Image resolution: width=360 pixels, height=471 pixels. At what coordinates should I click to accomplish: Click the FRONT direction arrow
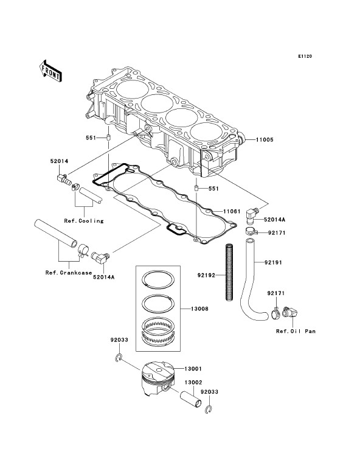click(50, 71)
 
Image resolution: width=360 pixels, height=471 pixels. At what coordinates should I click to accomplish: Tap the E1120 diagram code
click(305, 56)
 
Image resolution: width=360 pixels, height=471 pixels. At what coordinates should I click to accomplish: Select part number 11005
click(265, 140)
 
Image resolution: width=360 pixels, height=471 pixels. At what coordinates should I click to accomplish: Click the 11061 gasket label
click(232, 212)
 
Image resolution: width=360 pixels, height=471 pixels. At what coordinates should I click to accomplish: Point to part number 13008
click(199, 309)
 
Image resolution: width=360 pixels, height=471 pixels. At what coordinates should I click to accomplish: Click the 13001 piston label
click(193, 369)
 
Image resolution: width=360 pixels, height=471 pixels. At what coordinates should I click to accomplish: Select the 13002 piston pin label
click(193, 383)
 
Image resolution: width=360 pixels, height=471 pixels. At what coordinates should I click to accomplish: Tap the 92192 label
click(206, 275)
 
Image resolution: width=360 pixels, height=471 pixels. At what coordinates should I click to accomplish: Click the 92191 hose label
click(273, 262)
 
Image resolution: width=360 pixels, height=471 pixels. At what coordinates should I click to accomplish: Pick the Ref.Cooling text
click(84, 221)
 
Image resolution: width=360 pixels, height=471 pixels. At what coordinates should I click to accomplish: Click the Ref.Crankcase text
click(69, 273)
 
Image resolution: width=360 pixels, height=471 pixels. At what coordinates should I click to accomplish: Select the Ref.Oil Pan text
click(296, 331)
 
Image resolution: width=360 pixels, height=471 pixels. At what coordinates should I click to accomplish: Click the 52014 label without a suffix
click(59, 161)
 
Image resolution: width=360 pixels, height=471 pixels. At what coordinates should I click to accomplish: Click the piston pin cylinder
click(190, 400)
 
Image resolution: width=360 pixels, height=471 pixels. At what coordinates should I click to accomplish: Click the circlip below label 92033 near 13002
click(210, 410)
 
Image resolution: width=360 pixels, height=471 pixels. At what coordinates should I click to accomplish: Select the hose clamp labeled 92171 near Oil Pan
click(276, 313)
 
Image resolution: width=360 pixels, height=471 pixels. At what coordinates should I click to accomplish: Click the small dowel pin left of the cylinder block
click(108, 139)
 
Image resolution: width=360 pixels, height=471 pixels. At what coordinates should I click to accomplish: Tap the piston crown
click(158, 369)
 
